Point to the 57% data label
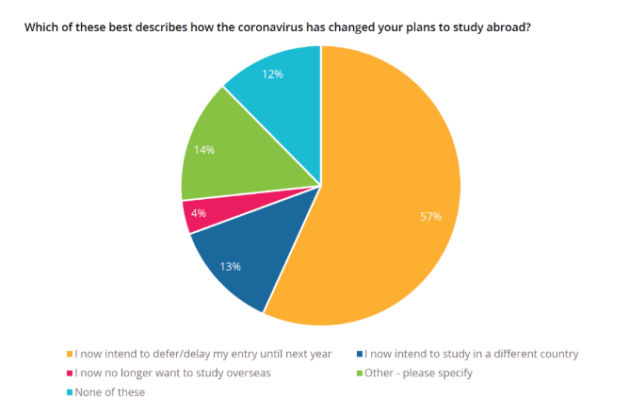(430, 217)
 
